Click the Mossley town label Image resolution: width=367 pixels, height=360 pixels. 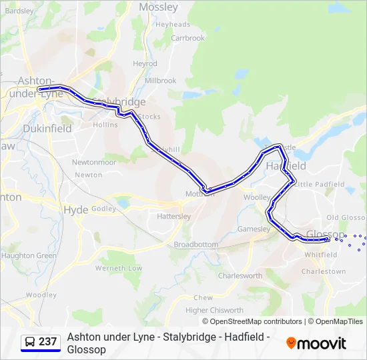pyautogui.click(x=158, y=7)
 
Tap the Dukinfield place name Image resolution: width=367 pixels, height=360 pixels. pyautogui.click(x=47, y=129)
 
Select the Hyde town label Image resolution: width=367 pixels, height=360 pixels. pyautogui.click(x=75, y=209)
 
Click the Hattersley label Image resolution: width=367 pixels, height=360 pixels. pyautogui.click(x=173, y=217)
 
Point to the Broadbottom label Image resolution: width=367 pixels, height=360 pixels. pyautogui.click(x=196, y=245)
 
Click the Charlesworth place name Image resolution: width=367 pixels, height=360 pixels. pyautogui.click(x=240, y=275)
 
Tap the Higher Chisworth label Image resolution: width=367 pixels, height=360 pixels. pyautogui.click(x=214, y=310)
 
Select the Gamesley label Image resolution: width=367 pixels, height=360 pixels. pyautogui.click(x=254, y=229)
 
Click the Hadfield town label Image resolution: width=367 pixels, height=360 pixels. pyautogui.click(x=286, y=165)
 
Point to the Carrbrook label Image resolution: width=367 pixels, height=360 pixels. pyautogui.click(x=188, y=38)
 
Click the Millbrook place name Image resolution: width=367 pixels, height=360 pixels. pyautogui.click(x=160, y=81)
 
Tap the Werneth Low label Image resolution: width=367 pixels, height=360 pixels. pyautogui.click(x=119, y=268)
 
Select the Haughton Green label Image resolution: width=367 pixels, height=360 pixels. pyautogui.click(x=29, y=255)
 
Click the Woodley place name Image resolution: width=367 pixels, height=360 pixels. pyautogui.click(x=41, y=295)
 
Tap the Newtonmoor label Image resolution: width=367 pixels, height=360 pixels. pyautogui.click(x=93, y=162)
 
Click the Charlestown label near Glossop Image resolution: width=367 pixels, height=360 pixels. pyautogui.click(x=324, y=271)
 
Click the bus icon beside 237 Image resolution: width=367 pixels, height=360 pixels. pyautogui.click(x=30, y=342)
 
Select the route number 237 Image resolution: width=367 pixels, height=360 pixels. pyautogui.click(x=48, y=342)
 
